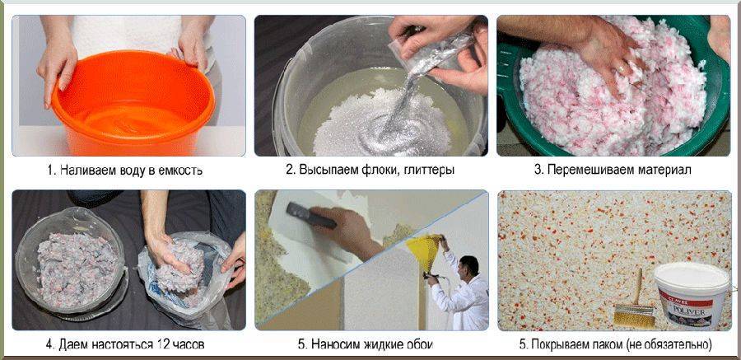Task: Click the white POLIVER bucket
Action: coord(691,296)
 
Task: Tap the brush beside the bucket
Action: coord(635,303)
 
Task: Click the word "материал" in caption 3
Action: coord(667,171)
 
